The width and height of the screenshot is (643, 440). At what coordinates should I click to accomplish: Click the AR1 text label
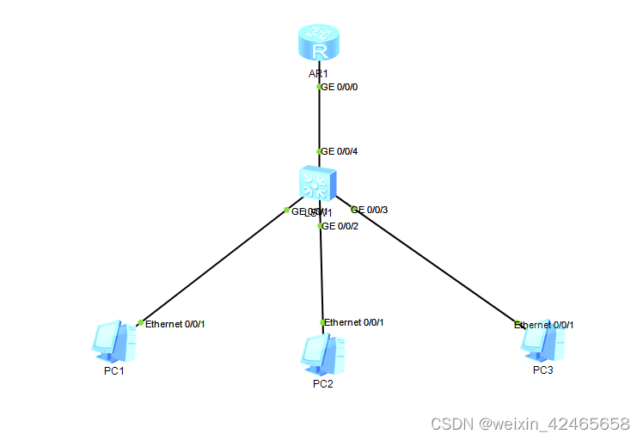coord(319,74)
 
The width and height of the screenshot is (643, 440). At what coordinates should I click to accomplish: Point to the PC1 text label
coord(114,370)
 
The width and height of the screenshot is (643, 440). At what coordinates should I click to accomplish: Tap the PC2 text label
coord(322,384)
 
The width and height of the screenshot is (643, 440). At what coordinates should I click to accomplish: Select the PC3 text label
coord(542,370)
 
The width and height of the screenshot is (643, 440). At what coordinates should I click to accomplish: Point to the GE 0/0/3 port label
coord(370,210)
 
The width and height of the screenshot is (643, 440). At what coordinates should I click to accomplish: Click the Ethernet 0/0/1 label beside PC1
coord(175,324)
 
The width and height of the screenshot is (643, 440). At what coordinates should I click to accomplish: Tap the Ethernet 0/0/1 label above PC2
coord(353,322)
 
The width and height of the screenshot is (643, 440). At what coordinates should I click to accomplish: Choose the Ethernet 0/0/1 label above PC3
coord(544,325)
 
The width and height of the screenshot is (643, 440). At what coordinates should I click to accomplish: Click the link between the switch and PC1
coord(215,266)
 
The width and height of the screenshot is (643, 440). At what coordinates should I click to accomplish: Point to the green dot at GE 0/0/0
coord(319,87)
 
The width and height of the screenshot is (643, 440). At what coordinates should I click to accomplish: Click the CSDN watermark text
coord(530,424)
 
